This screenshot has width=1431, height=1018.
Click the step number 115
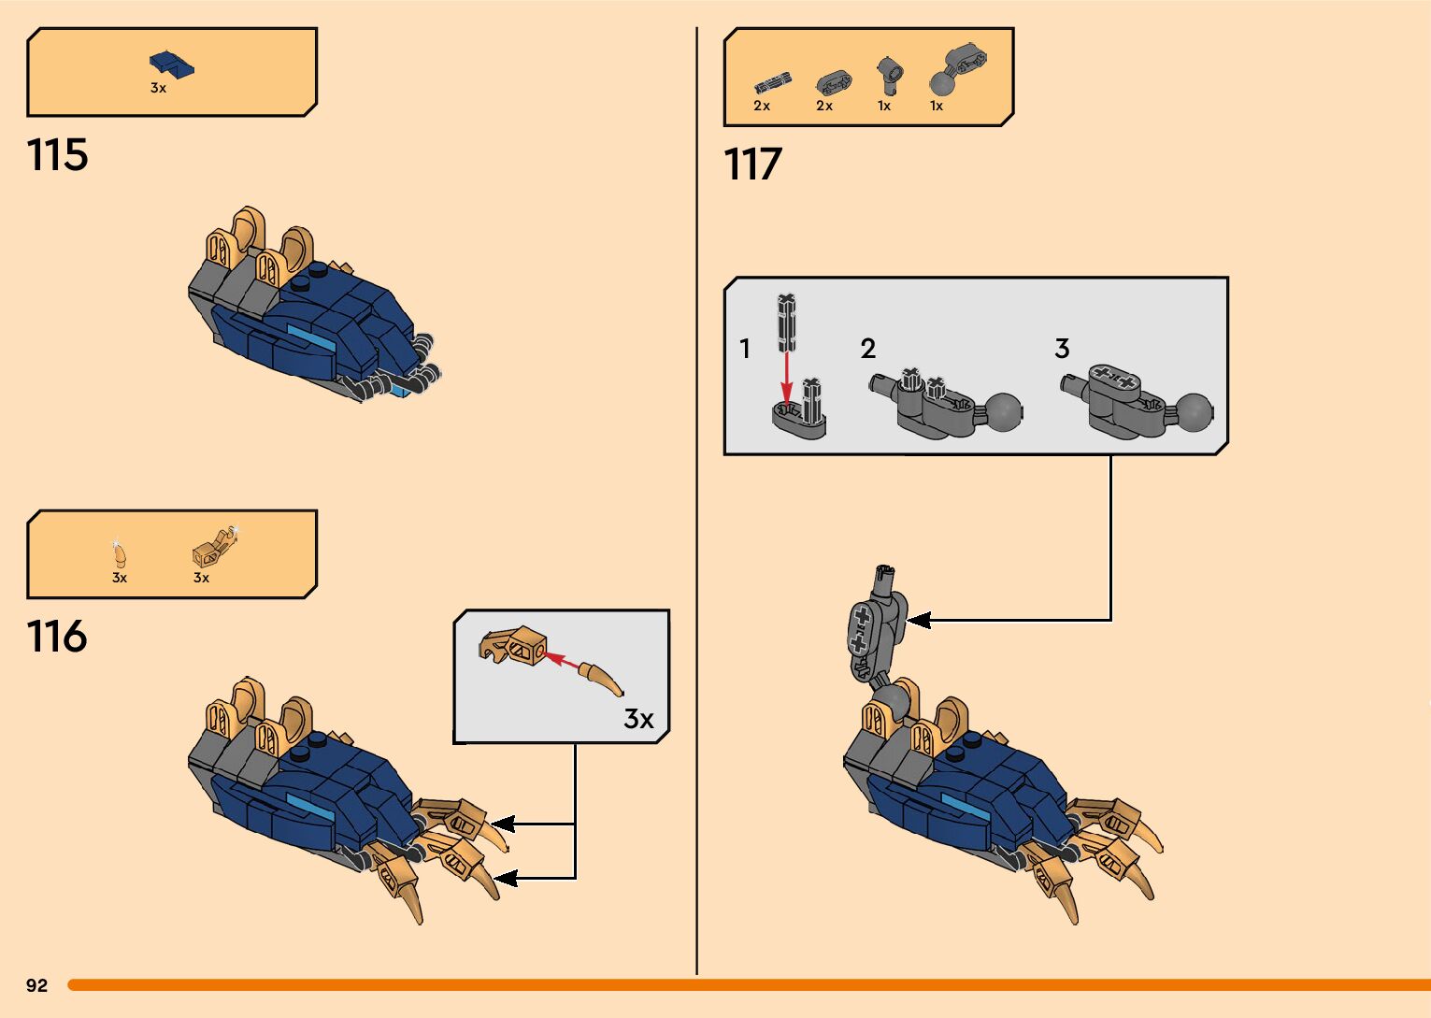click(x=58, y=154)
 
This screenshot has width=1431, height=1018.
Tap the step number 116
click(x=57, y=637)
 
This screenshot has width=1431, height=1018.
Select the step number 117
click(x=752, y=165)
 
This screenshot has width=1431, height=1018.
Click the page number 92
click(x=37, y=985)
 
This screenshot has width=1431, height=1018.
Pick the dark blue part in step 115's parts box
click(x=171, y=65)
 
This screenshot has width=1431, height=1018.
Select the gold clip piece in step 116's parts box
click(x=214, y=547)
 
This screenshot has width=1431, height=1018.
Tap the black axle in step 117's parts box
click(x=772, y=83)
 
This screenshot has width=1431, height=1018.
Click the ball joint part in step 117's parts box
click(x=956, y=70)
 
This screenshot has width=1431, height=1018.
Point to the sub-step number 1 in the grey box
click(x=744, y=349)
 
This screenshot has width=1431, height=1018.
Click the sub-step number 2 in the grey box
click(x=867, y=349)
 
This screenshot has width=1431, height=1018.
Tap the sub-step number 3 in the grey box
click(x=1062, y=349)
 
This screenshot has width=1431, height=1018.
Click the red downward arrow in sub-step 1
click(x=786, y=379)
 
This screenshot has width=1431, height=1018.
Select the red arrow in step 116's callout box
click(x=561, y=659)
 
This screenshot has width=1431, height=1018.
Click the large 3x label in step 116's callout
click(x=638, y=719)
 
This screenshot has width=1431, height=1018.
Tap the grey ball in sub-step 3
click(x=1194, y=411)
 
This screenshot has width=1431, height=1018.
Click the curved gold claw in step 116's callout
click(x=600, y=680)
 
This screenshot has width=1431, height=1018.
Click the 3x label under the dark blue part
click(x=159, y=88)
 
